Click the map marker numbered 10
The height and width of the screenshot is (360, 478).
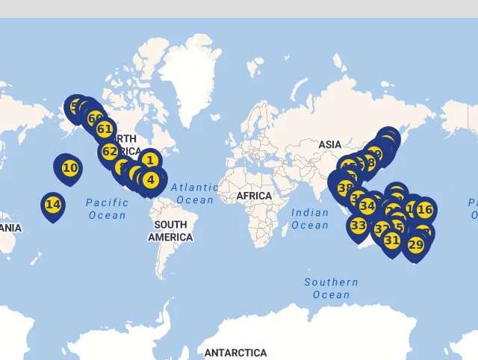[70, 168]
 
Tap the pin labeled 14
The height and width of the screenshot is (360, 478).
[52, 204]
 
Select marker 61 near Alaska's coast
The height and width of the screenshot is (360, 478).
[105, 129]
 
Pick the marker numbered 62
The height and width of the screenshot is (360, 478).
[110, 152]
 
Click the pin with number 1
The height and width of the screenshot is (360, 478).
[149, 160]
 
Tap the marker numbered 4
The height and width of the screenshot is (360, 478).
[151, 179]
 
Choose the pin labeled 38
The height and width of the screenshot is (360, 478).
[345, 188]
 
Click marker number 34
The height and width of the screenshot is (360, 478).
[367, 205]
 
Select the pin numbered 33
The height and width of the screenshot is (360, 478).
[358, 225]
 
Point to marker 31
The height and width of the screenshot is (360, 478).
[392, 240]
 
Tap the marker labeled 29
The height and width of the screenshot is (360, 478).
[416, 244]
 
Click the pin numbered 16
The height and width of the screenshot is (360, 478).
[425, 209]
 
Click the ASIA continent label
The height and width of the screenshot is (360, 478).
[329, 144]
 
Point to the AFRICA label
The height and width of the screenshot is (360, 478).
[254, 196]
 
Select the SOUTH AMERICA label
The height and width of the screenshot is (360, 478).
[170, 231]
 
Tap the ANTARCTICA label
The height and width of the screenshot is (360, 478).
[235, 353]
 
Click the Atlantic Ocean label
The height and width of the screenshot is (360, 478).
[195, 193]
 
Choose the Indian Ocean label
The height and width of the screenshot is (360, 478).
[310, 219]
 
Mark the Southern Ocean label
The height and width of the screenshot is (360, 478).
[331, 288]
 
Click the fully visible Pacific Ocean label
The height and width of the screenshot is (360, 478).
[107, 208]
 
